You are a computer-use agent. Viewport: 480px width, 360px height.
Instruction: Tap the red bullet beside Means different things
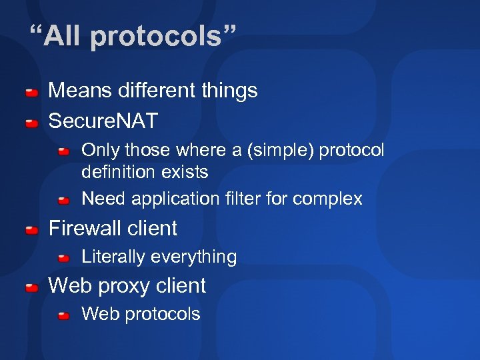[31, 91]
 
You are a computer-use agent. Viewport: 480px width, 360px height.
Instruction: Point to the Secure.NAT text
[103, 121]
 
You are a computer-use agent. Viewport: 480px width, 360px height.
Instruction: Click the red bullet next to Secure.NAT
[31, 123]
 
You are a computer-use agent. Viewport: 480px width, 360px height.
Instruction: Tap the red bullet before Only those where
[63, 152]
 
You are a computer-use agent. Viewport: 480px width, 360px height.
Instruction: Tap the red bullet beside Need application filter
[63, 200]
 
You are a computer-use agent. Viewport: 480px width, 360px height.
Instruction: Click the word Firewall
[85, 228]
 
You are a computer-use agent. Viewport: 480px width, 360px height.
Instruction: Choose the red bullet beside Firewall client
[31, 230]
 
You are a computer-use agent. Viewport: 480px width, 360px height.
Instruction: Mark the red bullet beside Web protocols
[63, 315]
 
